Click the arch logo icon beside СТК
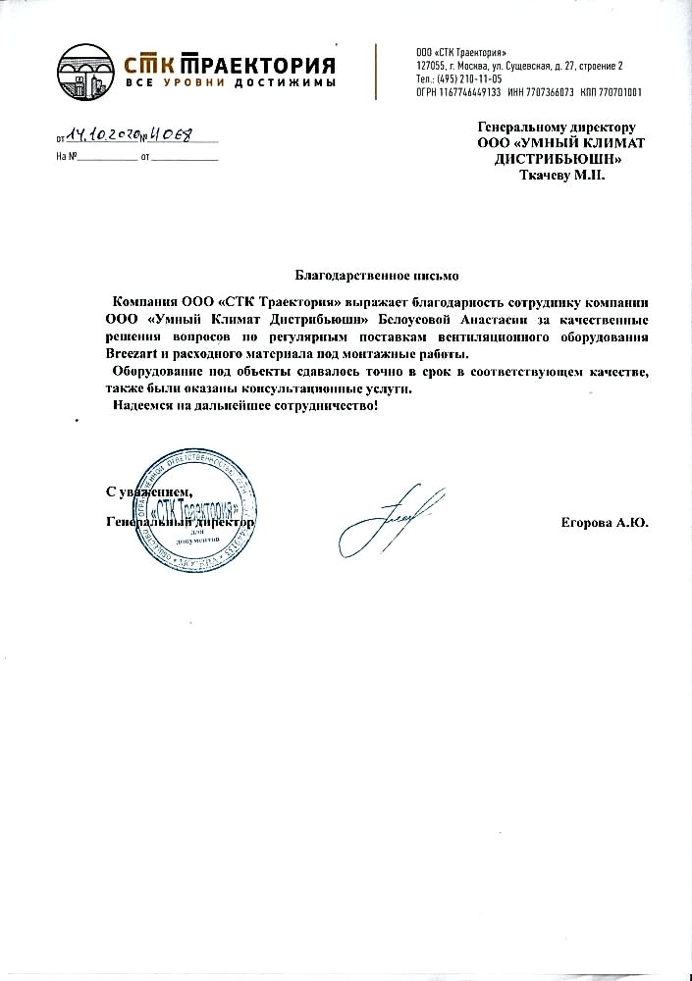pyautogui.click(x=85, y=69)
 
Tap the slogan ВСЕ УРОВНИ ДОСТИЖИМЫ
pyautogui.click(x=231, y=83)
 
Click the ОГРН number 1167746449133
pyautogui.click(x=469, y=91)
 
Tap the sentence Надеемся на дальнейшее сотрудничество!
pyautogui.click(x=244, y=406)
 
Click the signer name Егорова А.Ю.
pyautogui.click(x=605, y=524)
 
